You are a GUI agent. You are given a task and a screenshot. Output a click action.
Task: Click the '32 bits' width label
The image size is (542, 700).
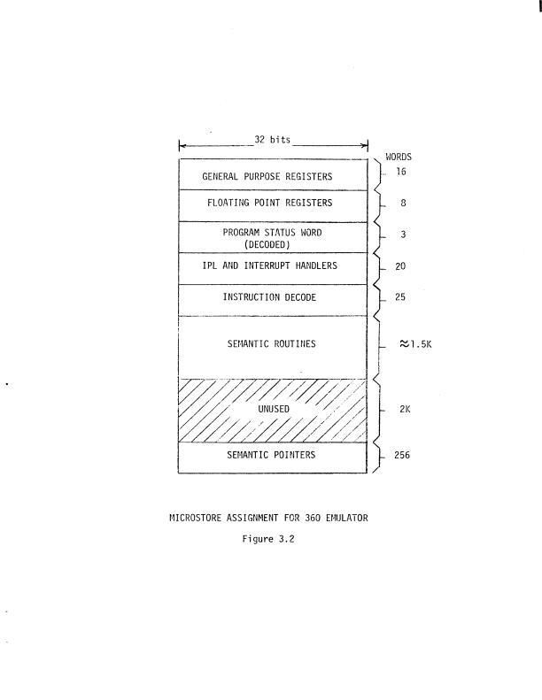(x=273, y=140)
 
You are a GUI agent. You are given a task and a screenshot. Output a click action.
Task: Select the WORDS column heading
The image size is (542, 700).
(x=399, y=157)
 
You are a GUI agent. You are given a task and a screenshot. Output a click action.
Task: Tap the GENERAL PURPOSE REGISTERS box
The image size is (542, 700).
(x=272, y=176)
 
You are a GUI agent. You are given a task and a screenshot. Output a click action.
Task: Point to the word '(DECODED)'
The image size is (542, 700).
(x=272, y=245)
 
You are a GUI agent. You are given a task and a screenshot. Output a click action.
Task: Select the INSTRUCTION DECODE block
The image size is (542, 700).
(x=272, y=298)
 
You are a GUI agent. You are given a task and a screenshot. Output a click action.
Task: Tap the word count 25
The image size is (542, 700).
(x=402, y=298)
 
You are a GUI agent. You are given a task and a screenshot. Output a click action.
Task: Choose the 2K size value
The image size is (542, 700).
(x=403, y=411)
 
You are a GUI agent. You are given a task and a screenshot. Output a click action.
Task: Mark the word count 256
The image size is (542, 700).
(x=405, y=457)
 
